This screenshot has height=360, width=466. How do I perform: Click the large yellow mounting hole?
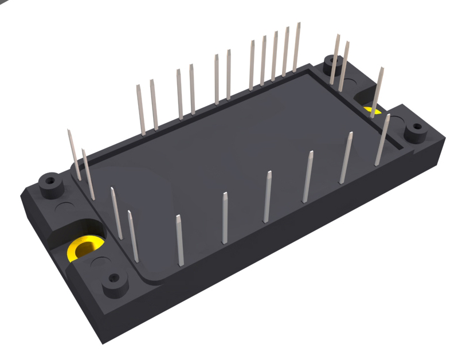pyautogui.click(x=84, y=248)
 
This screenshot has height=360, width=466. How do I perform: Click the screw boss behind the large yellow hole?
pyautogui.click(x=50, y=183)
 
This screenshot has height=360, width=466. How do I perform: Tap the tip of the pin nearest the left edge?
pyautogui.click(x=69, y=132)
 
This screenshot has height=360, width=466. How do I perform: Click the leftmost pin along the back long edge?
pyautogui.click(x=140, y=110)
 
